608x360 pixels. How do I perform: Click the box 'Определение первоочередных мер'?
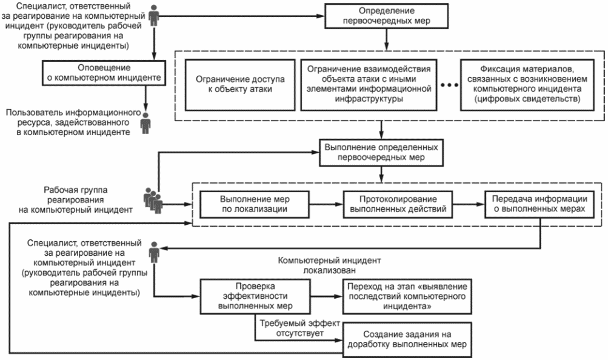click(x=386, y=16)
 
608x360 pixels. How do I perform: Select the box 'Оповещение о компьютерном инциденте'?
click(x=104, y=73)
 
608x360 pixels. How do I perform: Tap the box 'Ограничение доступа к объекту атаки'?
click(x=240, y=84)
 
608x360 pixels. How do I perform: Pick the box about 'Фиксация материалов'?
click(x=527, y=84)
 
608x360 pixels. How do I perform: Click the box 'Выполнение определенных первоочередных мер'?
click(x=381, y=153)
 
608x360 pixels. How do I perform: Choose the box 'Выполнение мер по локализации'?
click(x=255, y=204)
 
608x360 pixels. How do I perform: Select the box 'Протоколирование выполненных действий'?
click(x=398, y=204)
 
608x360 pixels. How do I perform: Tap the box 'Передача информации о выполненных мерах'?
click(x=540, y=204)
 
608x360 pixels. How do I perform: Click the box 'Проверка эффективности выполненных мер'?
click(x=255, y=296)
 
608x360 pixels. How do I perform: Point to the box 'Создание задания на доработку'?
click(x=407, y=339)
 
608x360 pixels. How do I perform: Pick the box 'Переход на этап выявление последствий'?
click(x=407, y=296)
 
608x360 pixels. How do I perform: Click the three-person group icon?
click(x=153, y=201)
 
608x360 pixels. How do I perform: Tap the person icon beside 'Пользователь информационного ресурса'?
click(x=145, y=123)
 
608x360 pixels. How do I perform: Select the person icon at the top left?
click(x=155, y=16)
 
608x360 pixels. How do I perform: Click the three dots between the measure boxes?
click(x=449, y=85)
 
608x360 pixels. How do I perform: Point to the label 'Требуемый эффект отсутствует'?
click(x=299, y=328)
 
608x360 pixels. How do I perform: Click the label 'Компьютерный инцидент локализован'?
click(x=329, y=265)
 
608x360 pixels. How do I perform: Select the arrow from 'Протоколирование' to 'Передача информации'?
click(x=469, y=204)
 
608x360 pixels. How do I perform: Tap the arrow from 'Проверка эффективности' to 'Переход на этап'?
click(x=327, y=296)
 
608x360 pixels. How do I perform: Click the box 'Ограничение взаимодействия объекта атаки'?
click(x=369, y=84)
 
